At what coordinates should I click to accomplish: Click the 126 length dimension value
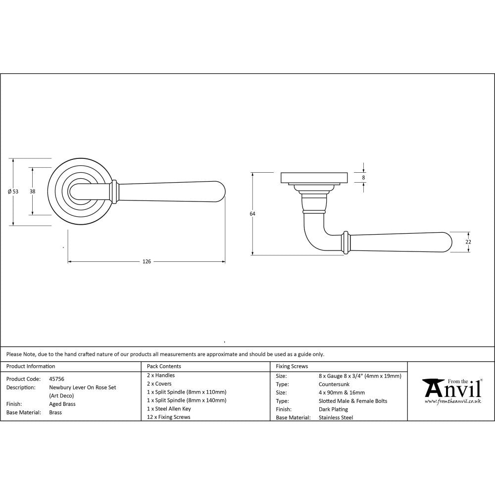click(147, 261)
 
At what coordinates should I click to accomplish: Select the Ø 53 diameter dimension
click(13, 192)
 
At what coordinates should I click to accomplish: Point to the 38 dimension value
click(32, 192)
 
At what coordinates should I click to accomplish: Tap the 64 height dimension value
click(252, 214)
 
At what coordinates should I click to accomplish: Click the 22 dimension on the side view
click(468, 242)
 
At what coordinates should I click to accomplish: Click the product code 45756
click(56, 379)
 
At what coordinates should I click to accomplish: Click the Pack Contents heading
click(164, 366)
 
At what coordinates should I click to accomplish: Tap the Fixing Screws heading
click(292, 366)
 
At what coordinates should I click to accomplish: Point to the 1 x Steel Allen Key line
click(169, 409)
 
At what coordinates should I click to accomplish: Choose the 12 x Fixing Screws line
click(169, 417)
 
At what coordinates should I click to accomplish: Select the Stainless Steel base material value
click(336, 418)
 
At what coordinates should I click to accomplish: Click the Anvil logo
click(451, 389)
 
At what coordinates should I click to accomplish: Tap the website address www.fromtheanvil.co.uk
click(452, 401)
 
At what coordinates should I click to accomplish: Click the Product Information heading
click(30, 366)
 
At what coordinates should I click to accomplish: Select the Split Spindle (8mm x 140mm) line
click(187, 400)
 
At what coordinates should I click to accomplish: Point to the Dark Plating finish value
click(334, 409)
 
